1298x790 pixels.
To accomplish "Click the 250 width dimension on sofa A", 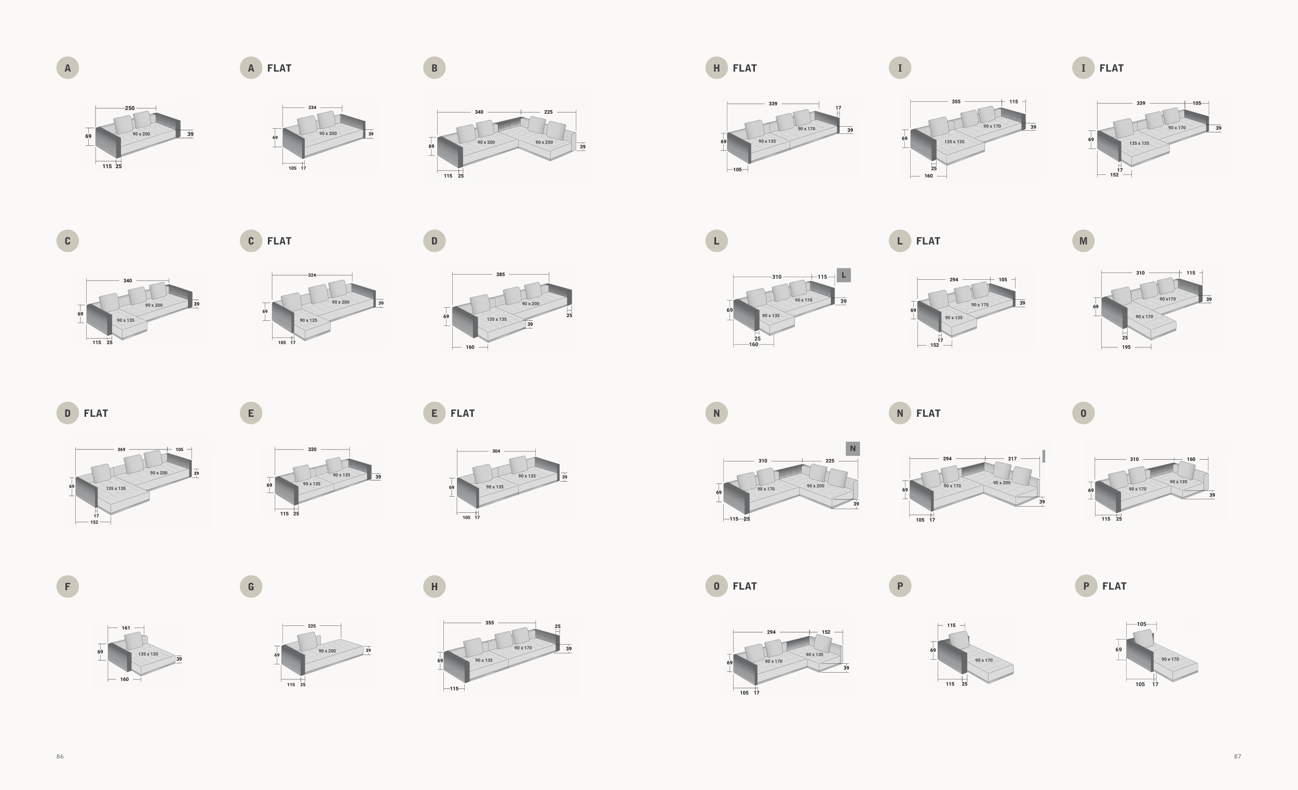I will (x=130, y=108).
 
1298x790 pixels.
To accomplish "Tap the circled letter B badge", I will (x=434, y=68).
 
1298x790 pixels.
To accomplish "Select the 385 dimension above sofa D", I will (x=501, y=275).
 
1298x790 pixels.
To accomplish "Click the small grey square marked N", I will (x=853, y=448).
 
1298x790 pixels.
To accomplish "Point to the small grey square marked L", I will (x=843, y=275).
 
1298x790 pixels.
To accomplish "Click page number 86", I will (x=60, y=756).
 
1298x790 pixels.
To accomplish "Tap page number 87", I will (x=1237, y=756).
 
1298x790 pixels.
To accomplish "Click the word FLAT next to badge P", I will (x=1114, y=586).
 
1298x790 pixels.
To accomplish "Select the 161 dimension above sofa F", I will (x=126, y=628).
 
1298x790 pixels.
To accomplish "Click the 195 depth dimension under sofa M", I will (x=1126, y=347).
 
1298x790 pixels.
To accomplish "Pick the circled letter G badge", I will (x=251, y=586).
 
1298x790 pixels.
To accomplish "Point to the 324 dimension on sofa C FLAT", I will (x=312, y=275).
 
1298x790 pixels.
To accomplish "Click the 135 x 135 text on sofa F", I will (x=148, y=654).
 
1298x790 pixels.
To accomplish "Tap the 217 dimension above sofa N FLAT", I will (x=1012, y=459).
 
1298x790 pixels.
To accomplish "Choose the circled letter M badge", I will (x=1083, y=241).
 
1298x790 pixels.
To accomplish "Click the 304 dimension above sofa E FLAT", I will (x=496, y=452).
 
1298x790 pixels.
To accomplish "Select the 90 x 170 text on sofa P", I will (x=983, y=660).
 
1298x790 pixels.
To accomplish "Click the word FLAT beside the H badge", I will (x=745, y=68).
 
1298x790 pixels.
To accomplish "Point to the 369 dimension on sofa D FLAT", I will (x=121, y=450).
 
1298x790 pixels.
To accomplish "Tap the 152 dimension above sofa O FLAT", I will (x=826, y=632).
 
